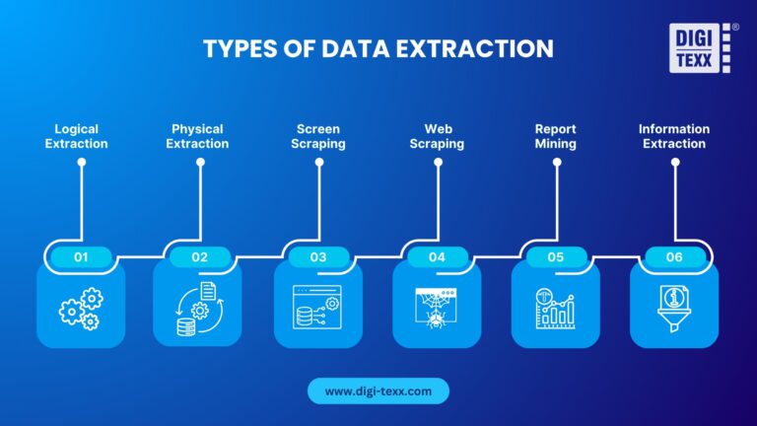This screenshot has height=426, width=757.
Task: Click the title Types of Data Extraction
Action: coord(378,48)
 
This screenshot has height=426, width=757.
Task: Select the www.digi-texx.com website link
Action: coord(378,391)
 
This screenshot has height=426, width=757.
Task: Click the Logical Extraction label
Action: coord(82,136)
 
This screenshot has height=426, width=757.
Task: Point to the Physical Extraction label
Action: coord(200,136)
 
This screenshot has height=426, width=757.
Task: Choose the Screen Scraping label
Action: coord(319,136)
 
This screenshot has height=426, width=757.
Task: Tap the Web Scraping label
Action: coord(438,136)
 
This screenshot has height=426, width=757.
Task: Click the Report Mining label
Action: coord(556,136)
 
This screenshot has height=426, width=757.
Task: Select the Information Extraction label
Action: coord(674,136)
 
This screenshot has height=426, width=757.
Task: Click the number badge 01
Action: coord(81,257)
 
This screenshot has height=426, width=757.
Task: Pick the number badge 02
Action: coord(200,257)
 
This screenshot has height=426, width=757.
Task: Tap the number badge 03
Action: coord(318,257)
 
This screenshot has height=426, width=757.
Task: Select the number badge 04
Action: coord(437,257)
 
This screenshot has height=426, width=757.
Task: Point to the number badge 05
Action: coord(556,257)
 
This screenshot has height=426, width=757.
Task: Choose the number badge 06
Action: coord(674,257)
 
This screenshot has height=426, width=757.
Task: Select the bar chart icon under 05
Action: coord(556,308)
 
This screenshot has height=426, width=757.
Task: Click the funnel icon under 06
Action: coord(674,308)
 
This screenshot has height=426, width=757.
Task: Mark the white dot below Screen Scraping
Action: coord(319,163)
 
